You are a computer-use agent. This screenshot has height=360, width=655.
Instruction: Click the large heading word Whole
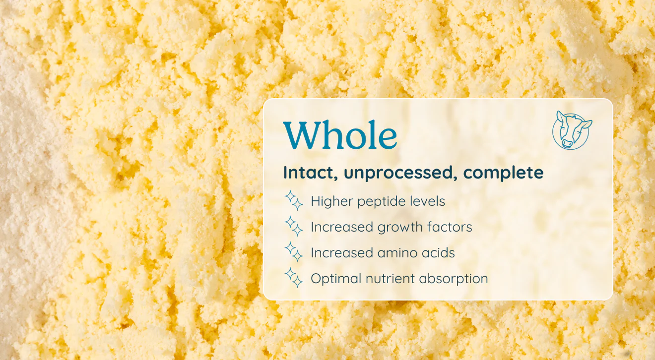tap(340, 135)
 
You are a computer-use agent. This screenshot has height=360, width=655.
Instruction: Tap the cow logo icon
tap(572, 130)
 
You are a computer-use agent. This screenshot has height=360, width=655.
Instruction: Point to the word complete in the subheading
tap(503, 173)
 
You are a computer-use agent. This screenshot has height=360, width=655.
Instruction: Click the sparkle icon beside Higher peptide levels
tap(294, 200)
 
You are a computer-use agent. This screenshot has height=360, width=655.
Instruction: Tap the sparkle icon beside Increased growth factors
tap(294, 226)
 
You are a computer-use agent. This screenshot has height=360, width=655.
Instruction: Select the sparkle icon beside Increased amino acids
tap(294, 252)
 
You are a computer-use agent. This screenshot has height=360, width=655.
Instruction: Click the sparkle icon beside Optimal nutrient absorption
tap(294, 278)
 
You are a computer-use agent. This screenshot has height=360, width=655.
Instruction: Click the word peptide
tap(381, 202)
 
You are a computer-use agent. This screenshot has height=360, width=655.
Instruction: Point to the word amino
tap(397, 253)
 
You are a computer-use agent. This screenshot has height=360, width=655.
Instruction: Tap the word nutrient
tap(390, 279)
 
